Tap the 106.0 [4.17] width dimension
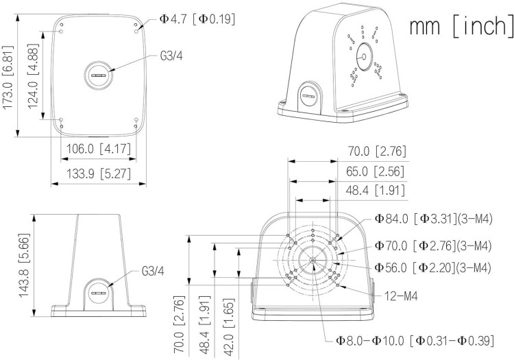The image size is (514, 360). point(94,149)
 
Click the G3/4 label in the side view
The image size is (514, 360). point(153,270)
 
